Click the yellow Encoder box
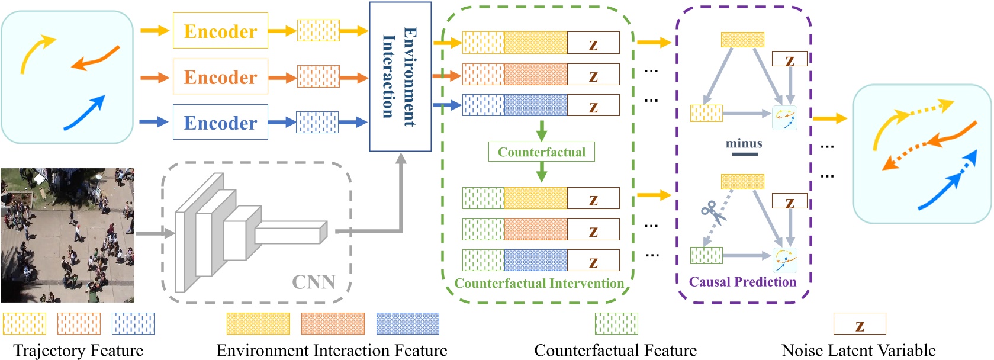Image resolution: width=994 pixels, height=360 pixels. (220, 31)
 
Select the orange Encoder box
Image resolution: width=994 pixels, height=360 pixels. (220, 76)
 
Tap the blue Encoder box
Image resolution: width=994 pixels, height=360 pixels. (220, 123)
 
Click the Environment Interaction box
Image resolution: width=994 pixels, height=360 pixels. (400, 76)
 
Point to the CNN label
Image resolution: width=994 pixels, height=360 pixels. (313, 282)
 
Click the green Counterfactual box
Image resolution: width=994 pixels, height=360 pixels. (541, 152)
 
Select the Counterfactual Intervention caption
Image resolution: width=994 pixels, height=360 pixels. (539, 284)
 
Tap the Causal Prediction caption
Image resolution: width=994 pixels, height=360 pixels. (742, 282)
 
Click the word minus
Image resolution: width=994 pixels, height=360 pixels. (744, 143)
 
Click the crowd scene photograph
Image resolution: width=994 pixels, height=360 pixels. (67, 235)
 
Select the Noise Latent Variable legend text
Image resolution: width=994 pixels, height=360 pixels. (858, 351)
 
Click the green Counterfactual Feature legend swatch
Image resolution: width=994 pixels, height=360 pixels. (616, 324)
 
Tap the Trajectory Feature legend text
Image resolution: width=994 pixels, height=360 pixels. (78, 351)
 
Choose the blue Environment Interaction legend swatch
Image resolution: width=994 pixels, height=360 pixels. (408, 324)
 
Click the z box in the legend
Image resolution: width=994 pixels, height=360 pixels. (860, 324)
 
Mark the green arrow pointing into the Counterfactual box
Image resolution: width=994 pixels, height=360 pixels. (541, 130)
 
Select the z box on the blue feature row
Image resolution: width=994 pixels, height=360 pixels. (593, 106)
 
